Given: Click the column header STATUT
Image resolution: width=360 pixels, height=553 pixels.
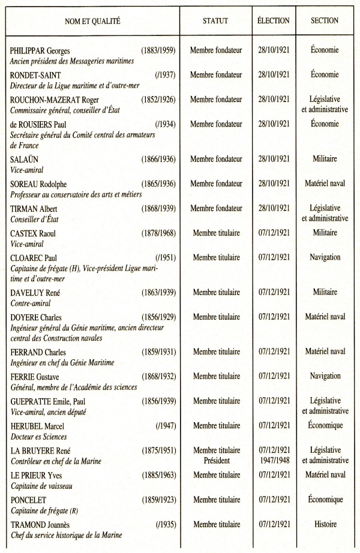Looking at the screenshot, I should pos(215,21).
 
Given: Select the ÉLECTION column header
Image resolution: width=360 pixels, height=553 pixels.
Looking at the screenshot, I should pos(273,21).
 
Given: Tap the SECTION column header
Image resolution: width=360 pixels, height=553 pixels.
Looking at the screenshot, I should pos(325,21).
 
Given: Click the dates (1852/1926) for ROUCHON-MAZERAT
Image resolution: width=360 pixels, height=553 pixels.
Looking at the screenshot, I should pos(158,100).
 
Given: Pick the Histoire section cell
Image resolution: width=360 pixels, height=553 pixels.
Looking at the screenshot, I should pos(325,524).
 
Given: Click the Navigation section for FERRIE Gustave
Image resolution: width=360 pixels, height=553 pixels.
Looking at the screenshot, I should pos(325,376).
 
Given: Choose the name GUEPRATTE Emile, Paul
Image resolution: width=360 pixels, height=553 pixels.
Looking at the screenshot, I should pos(47,401).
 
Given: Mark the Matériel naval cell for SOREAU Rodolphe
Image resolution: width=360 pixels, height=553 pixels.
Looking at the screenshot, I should pos(325,183).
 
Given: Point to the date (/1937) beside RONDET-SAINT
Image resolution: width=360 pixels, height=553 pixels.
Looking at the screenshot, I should pos(164,75).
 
